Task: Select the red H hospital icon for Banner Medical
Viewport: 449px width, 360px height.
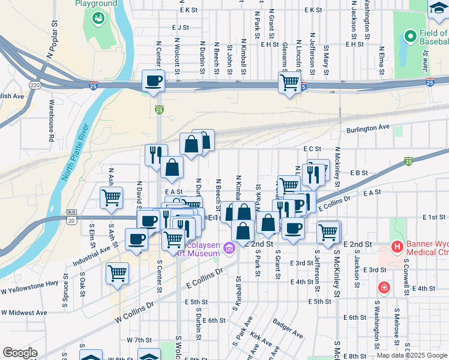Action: coord(396,246)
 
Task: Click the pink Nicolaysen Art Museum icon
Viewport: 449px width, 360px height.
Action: coord(229,248)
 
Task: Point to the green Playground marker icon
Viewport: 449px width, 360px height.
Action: coord(97,19)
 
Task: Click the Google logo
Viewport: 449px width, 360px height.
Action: coord(20,353)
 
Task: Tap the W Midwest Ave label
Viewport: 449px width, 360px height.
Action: coord(24,313)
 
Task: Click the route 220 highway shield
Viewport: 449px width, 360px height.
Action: coord(36,85)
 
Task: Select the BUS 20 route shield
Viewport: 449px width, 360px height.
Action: coord(72,218)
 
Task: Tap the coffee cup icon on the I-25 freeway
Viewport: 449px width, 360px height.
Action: coord(152,80)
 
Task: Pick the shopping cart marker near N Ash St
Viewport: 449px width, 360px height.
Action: coord(112,197)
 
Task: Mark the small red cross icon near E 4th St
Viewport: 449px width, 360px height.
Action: coord(383,288)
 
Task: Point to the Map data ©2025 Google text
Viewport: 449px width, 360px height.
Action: coord(411,355)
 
